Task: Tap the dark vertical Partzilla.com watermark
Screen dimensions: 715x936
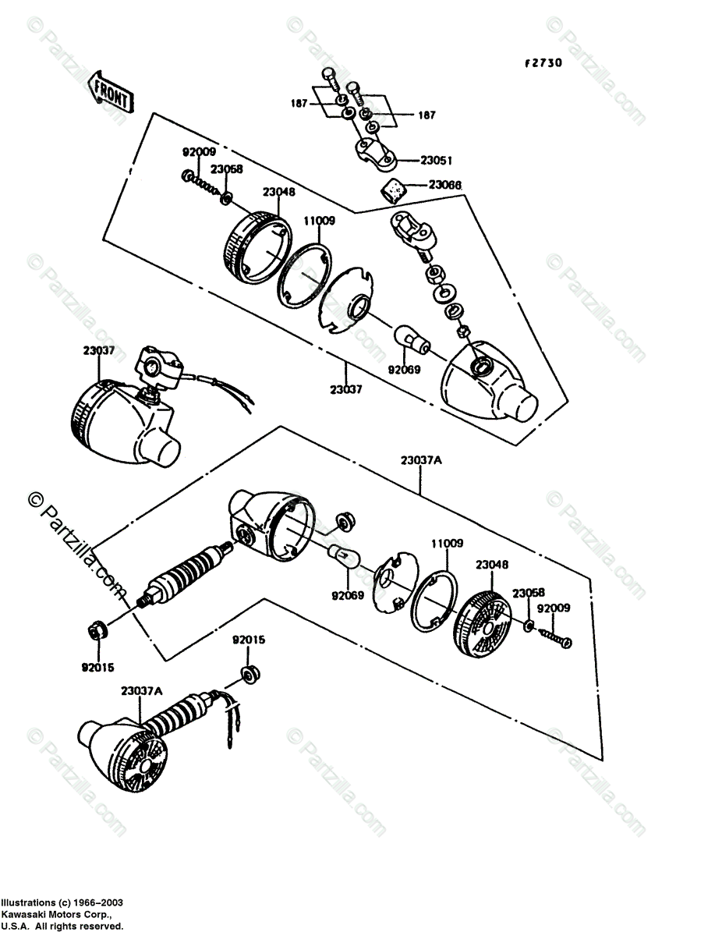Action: coord(74,550)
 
